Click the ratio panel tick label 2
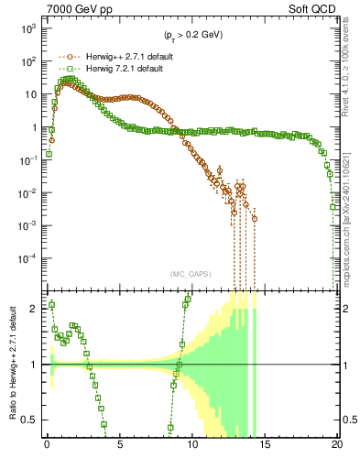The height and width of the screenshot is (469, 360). [34, 309]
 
